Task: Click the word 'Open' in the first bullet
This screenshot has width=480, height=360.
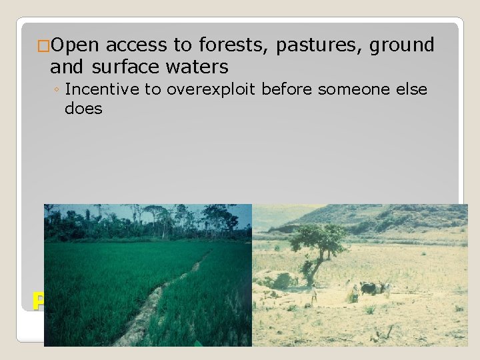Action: (x=75, y=45)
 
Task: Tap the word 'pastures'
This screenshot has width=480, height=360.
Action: (x=312, y=45)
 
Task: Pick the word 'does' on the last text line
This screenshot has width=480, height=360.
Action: (x=83, y=109)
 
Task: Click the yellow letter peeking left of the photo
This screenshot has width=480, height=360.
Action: (x=39, y=301)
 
